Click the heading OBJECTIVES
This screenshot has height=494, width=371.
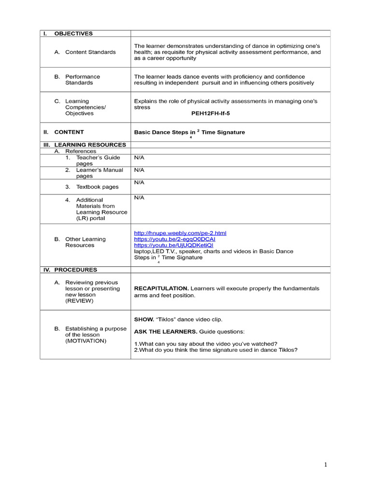coord(73,34)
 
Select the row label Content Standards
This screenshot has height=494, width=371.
coord(90,52)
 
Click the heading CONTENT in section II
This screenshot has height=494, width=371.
coord(69,132)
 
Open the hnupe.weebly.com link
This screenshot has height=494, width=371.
coord(180,233)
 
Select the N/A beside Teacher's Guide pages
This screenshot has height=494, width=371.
coord(139,158)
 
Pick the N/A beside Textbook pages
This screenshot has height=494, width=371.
coord(139,182)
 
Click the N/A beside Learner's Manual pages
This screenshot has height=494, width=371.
coord(139,170)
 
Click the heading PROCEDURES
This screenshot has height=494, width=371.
coord(75,270)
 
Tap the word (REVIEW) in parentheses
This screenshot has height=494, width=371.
coord(79,301)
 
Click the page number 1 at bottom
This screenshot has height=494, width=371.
coord(326,465)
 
